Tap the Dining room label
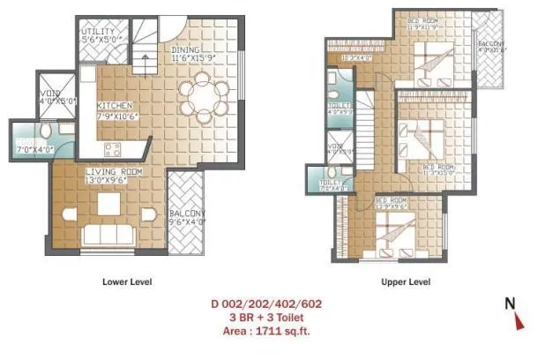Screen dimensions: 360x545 tap(192, 55)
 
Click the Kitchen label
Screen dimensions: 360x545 tap(115, 110)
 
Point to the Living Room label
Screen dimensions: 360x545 tap(109, 175)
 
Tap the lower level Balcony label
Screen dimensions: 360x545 tap(186, 217)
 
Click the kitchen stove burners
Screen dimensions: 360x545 tap(113, 148)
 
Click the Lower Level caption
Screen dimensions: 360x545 tap(128, 282)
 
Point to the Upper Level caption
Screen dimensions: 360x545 tap(405, 282)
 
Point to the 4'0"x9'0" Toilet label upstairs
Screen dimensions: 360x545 tap(340, 110)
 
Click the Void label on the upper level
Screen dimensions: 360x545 tap(335, 149)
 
